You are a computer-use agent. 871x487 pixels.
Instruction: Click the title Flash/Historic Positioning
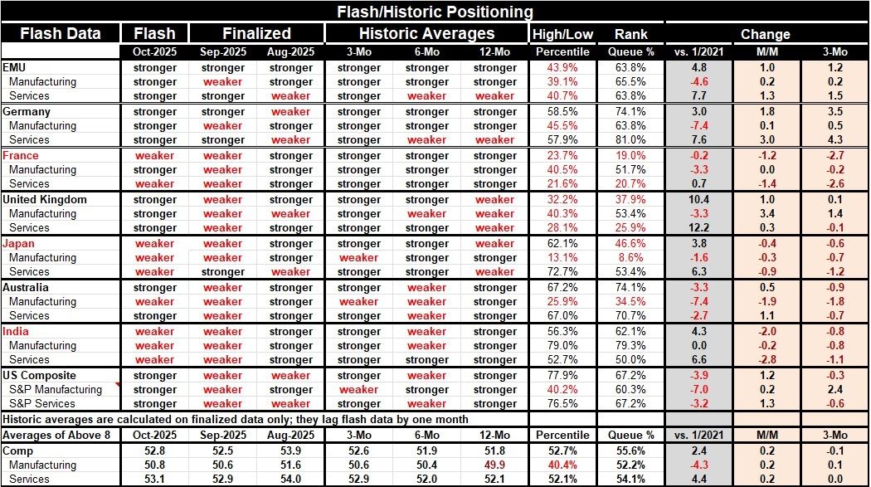click(x=435, y=12)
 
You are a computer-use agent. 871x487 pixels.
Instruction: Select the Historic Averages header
click(x=426, y=33)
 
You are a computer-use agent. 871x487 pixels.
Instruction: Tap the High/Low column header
click(x=562, y=34)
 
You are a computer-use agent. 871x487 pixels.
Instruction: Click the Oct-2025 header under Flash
click(x=155, y=52)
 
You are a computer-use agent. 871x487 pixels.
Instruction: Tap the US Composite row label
click(x=40, y=375)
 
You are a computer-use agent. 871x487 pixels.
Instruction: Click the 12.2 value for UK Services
click(x=698, y=227)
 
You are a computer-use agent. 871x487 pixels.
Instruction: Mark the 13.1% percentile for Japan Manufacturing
click(x=562, y=257)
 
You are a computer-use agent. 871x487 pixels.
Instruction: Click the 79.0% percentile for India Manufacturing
click(x=562, y=345)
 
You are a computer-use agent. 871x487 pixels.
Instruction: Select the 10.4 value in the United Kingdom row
click(x=698, y=199)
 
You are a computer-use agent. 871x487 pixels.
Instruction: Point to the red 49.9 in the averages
click(x=494, y=465)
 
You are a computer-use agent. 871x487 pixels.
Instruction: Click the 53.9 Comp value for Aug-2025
click(x=290, y=450)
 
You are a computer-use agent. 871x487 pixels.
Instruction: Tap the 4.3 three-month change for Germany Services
click(x=835, y=139)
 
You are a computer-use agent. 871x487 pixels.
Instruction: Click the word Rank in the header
click(x=631, y=34)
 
